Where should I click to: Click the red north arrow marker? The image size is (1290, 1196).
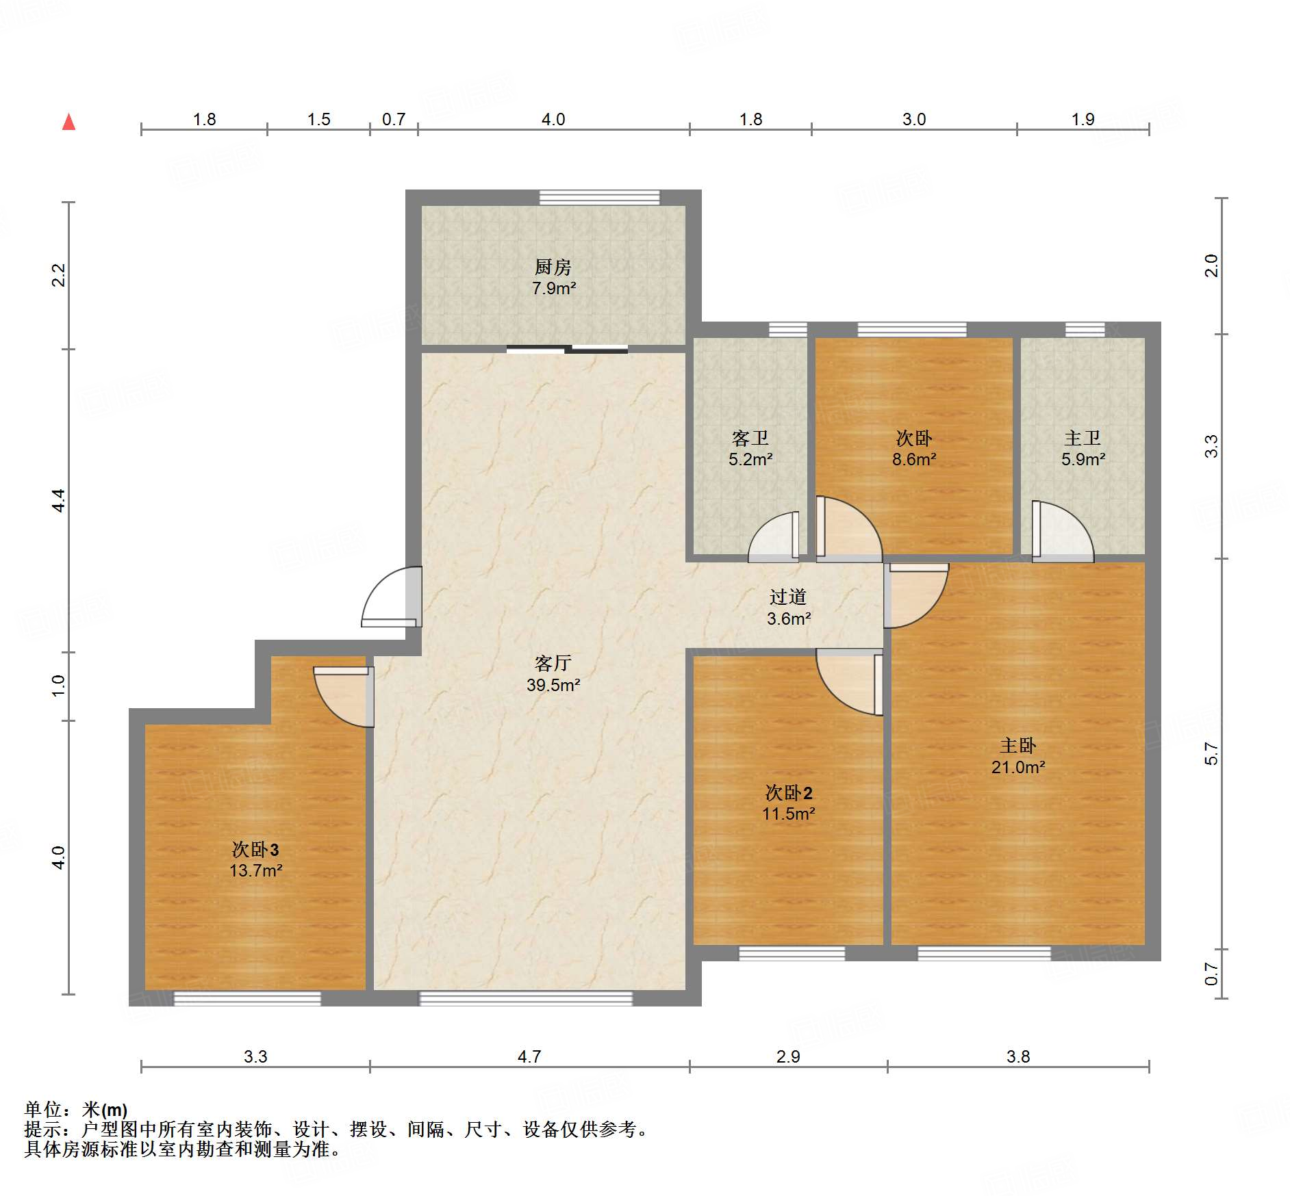68,122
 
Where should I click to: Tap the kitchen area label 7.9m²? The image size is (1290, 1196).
553,288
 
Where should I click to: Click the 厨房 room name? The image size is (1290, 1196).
553,267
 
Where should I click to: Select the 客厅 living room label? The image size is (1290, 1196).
553,663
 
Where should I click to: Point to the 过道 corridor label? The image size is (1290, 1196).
787,597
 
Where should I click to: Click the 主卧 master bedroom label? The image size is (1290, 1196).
1017,745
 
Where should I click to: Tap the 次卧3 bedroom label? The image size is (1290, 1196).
255,850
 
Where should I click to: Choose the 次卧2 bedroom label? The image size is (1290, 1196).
788,793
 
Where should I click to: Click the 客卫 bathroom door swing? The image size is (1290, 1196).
774,538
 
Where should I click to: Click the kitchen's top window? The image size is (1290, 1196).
599,198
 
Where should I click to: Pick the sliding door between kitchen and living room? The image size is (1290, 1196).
567,350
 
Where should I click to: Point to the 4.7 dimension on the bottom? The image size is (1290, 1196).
529,1056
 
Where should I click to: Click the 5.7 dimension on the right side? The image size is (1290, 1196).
1211,753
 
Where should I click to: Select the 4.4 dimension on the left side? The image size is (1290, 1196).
59,500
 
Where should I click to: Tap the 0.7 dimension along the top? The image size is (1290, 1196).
394,120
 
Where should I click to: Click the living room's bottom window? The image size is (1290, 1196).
525,998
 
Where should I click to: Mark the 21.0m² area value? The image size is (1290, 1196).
1017,767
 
